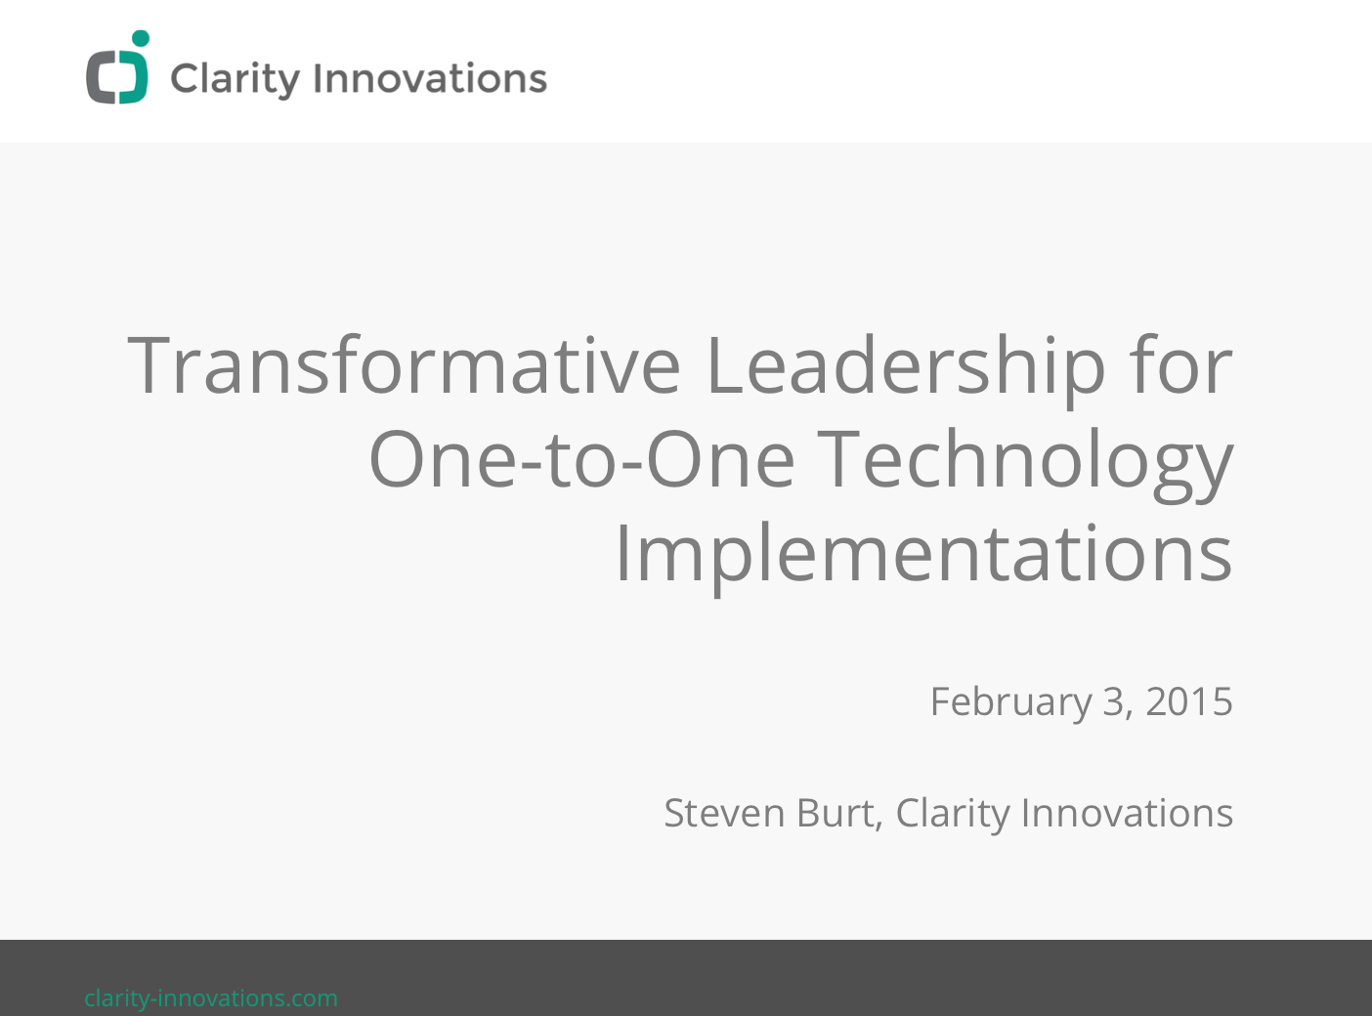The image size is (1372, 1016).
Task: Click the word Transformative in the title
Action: pyautogui.click(x=404, y=364)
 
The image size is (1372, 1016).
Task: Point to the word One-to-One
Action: pyautogui.click(x=580, y=459)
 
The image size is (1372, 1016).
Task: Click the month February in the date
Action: pyautogui.click(x=1011, y=703)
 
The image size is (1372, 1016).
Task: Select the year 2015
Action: pyautogui.click(x=1189, y=701)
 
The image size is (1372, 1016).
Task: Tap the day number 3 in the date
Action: pyautogui.click(x=1113, y=701)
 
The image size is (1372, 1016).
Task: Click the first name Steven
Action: pyautogui.click(x=724, y=813)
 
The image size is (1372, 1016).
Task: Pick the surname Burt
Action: pyautogui.click(x=836, y=813)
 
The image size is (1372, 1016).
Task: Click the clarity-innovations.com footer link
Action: pyautogui.click(x=211, y=998)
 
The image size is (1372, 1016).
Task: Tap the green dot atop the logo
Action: pyautogui.click(x=141, y=38)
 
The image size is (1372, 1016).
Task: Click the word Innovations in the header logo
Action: pyautogui.click(x=431, y=78)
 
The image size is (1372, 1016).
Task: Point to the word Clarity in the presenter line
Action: pyautogui.click(x=953, y=814)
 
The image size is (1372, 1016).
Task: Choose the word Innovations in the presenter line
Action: pyautogui.click(x=1127, y=813)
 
